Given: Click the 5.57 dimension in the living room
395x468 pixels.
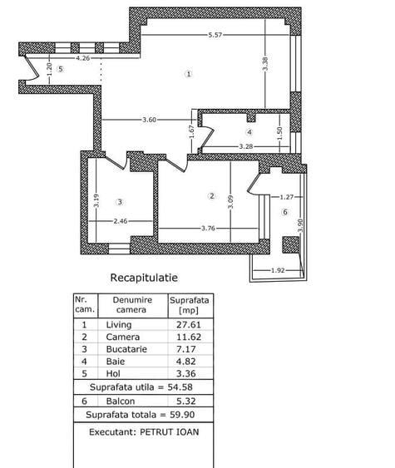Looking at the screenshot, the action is pos(215,35).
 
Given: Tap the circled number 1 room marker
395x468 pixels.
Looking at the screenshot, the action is pos(189,74).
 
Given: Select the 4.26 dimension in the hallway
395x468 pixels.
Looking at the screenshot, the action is pos(82,58).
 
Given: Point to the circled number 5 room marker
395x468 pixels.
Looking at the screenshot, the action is pos(61,69).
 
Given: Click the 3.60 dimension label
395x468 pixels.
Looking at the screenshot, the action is pos(149,120).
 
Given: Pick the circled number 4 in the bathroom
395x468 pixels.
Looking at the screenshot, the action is pos(249,132).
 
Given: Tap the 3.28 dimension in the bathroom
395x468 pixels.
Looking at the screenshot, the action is pos(246,146).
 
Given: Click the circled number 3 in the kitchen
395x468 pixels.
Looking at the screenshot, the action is pos(120,202).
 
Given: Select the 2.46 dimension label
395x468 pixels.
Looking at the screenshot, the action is pos(121,221).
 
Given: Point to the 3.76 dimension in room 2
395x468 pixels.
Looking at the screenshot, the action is pos(208,229).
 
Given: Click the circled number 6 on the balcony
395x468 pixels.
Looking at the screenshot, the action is pos(285,212).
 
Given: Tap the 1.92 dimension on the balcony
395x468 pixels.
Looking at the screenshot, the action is pos(278,270).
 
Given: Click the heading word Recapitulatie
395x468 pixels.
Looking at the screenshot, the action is pos(144,278).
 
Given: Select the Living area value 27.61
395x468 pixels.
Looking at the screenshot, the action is pos(189,324).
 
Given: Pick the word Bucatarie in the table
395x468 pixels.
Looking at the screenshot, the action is pos(126,349).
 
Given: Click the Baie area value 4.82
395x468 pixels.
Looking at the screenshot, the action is pos(185,362).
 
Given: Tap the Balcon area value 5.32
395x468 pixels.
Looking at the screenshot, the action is pos(185,401).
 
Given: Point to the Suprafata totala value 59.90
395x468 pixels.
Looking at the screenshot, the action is pos(182,415).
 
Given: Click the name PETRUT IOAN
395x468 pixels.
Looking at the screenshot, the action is pos(170,432).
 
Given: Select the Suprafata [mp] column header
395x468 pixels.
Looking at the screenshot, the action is pos(189,305).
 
